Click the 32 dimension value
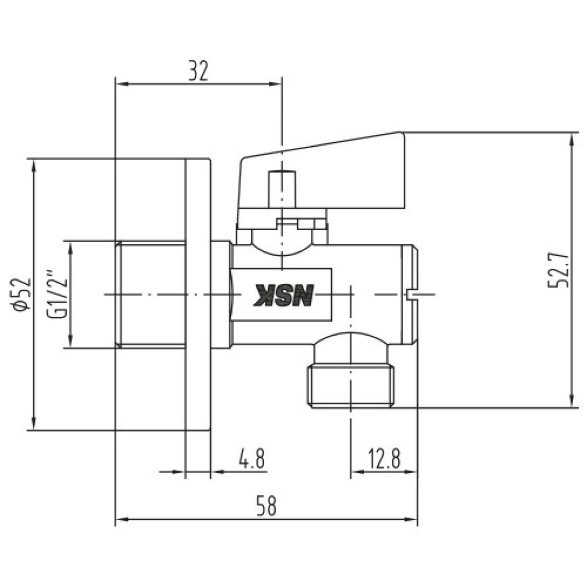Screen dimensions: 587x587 (198, 71)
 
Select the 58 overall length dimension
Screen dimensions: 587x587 (267, 506)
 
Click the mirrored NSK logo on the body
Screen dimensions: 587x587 (283, 296)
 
